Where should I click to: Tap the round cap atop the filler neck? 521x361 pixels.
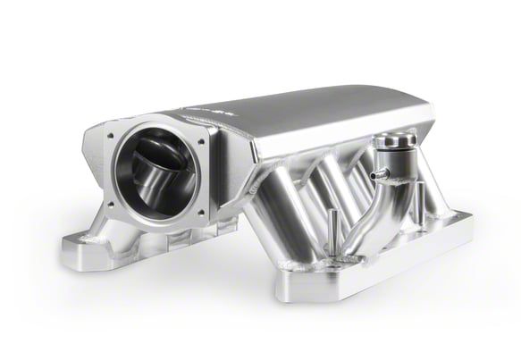[391, 142]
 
